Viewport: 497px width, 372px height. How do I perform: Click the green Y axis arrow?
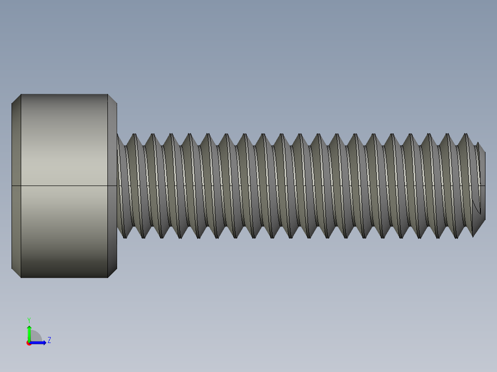tap(29, 332)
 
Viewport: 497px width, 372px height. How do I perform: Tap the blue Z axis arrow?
tap(40, 343)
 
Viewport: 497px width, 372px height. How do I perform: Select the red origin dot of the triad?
tap(29, 343)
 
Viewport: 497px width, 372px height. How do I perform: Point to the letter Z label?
tap(49, 340)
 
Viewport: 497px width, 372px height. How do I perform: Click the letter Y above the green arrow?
tap(29, 320)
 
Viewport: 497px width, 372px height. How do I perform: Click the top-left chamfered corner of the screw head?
tap(16, 99)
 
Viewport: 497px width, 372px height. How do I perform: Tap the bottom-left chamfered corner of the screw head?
tap(16, 273)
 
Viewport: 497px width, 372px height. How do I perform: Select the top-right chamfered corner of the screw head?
tap(112, 99)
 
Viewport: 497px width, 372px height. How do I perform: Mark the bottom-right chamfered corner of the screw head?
tap(112, 273)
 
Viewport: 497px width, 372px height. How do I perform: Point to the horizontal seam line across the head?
tap(65, 186)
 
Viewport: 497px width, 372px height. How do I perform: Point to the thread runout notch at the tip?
tap(477, 207)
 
